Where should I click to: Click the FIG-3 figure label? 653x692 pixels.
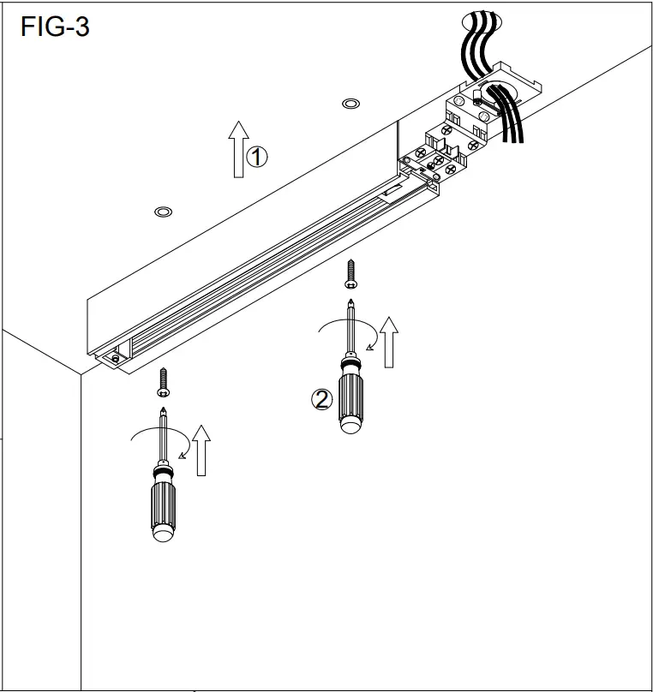point(54,27)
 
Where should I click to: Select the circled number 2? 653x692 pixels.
point(321,399)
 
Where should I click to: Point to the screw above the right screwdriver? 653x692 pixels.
point(350,275)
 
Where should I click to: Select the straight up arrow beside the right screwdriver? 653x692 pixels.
point(390,342)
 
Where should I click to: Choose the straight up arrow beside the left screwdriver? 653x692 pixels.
point(201,450)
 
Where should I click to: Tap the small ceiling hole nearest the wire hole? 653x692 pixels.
point(350,104)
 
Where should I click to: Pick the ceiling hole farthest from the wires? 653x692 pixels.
point(161,212)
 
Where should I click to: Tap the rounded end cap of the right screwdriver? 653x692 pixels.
point(351,425)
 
